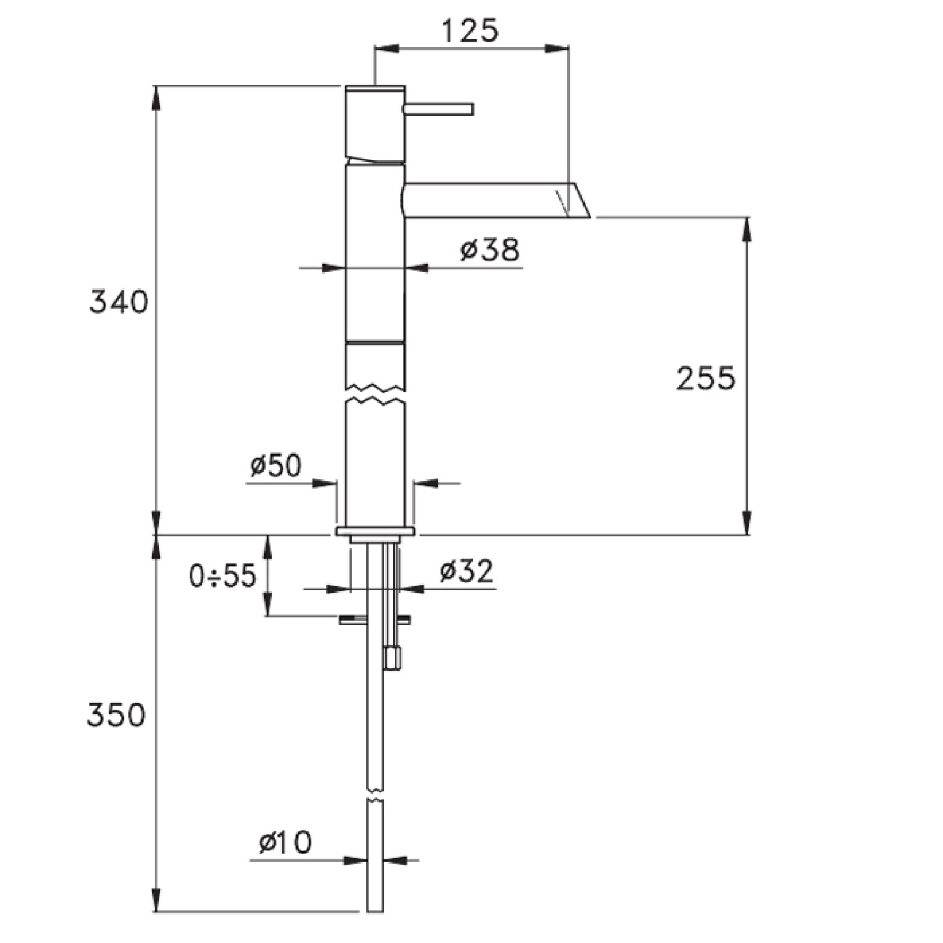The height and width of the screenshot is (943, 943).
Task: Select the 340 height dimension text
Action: pyautogui.click(x=119, y=302)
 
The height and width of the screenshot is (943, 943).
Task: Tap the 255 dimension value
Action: pyautogui.click(x=706, y=378)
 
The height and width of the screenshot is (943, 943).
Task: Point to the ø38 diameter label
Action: pyautogui.click(x=490, y=250)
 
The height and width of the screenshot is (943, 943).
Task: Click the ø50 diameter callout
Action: pyautogui.click(x=276, y=466)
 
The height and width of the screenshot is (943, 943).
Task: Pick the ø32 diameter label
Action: pyautogui.click(x=467, y=572)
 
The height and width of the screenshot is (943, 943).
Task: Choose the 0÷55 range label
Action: pyautogui.click(x=223, y=576)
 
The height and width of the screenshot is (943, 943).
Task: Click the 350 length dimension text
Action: pyautogui.click(x=116, y=715)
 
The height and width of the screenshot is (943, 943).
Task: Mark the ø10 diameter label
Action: pyautogui.click(x=285, y=842)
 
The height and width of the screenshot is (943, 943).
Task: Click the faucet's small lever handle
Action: pyautogui.click(x=439, y=109)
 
